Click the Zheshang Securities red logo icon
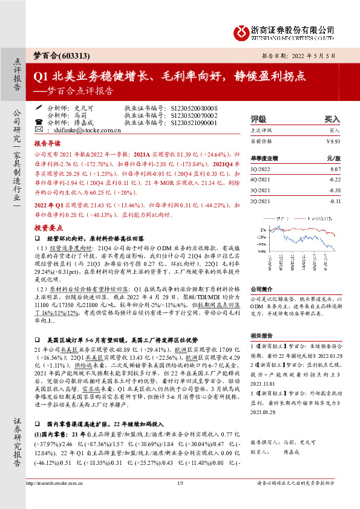coord(241,30)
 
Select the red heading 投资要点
coord(47,228)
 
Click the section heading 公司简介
coord(262,289)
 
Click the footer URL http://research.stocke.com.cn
coord(54,499)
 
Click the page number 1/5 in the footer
coord(180,499)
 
